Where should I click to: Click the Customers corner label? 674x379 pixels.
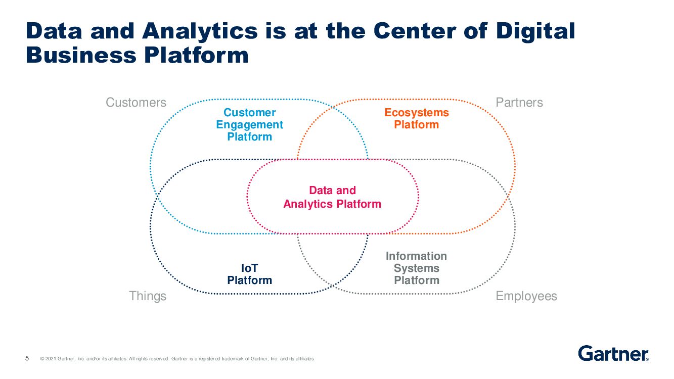[136, 103]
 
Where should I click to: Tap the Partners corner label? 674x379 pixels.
[519, 103]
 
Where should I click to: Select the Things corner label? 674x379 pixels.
[147, 296]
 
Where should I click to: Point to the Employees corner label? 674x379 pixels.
[526, 296]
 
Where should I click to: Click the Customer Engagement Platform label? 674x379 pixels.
[249, 125]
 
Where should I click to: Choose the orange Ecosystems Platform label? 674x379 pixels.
[416, 119]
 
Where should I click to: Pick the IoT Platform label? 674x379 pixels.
[249, 274]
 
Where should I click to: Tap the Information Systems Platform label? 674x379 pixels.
[416, 268]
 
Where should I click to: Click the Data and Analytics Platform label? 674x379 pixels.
[332, 197]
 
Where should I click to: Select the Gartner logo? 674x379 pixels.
[613, 353]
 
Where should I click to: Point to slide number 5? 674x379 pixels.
[27, 359]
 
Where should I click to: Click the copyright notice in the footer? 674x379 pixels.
[177, 359]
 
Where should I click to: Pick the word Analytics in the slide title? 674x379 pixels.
[200, 31]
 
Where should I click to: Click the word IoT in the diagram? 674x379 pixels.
[249, 268]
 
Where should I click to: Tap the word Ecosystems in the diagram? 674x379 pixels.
[416, 113]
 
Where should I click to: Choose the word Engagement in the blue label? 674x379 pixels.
[249, 125]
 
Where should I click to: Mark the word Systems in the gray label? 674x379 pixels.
[416, 268]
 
